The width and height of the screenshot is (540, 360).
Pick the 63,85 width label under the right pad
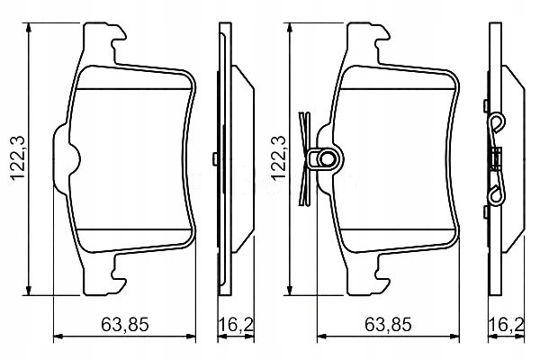click(x=388, y=323)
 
